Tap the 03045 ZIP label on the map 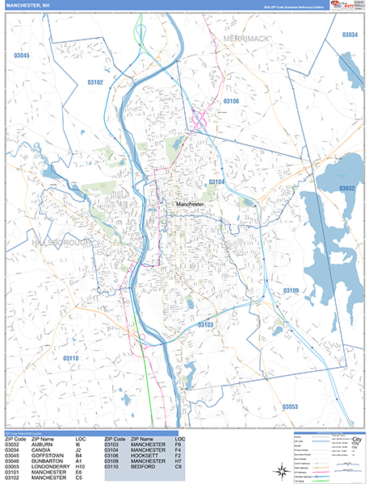[x=22, y=55]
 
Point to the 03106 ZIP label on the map [x=230, y=101]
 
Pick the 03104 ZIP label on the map [x=217, y=182]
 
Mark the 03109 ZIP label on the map [x=291, y=290]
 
